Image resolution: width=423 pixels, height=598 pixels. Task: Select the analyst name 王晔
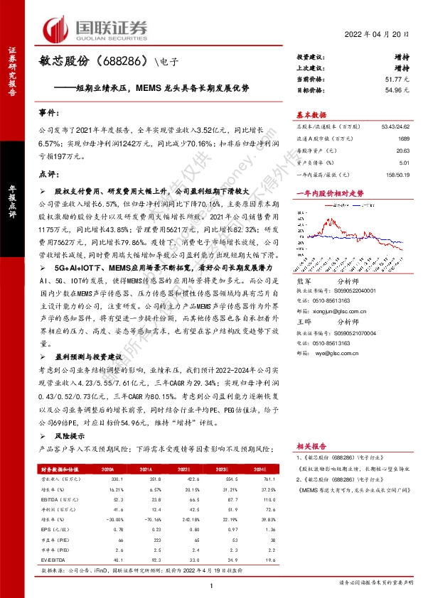click(303, 321)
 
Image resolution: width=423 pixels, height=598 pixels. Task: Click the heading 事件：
click(46, 113)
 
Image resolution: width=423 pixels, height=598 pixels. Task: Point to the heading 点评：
click(46, 173)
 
